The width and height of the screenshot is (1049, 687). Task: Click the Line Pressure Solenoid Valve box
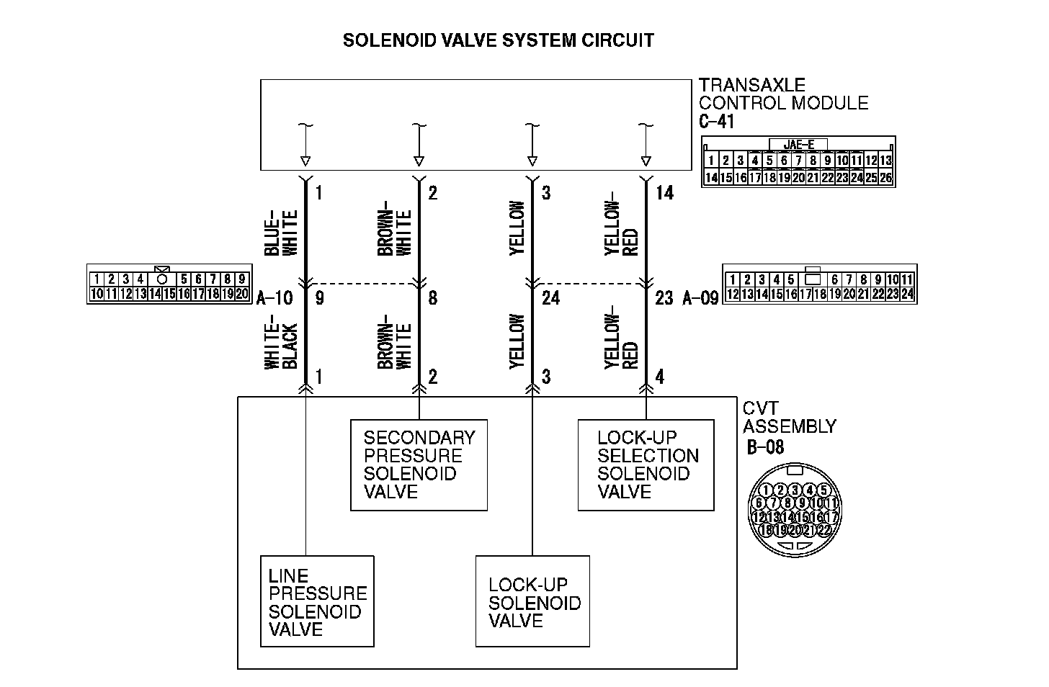coord(317,601)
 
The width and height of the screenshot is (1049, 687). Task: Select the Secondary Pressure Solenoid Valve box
coord(419,465)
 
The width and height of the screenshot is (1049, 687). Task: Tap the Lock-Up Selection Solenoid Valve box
coord(646,465)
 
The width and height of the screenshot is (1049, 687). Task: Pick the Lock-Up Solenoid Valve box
coord(532,601)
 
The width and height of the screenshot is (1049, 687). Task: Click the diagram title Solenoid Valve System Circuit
coord(498,40)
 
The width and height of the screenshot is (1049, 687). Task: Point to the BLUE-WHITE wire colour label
coord(281,233)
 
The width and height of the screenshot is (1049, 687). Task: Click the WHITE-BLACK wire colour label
coord(281,346)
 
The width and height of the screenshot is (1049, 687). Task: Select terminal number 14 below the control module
coord(664,193)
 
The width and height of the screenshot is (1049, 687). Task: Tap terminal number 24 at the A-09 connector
coord(550,297)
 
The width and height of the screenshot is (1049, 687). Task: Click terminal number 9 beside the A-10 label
coord(319,297)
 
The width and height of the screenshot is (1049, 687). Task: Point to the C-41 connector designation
coord(716,122)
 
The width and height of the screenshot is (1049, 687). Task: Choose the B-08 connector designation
coord(764,447)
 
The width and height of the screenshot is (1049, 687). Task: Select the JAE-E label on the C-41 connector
coord(798,144)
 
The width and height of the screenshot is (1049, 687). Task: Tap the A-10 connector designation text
coord(274,297)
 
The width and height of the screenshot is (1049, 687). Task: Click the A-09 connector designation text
coord(700,297)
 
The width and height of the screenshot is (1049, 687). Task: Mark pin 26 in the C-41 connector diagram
coord(886,177)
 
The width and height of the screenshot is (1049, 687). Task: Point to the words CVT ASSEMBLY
coord(789,418)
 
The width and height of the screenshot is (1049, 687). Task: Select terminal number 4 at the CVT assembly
coord(660,377)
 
